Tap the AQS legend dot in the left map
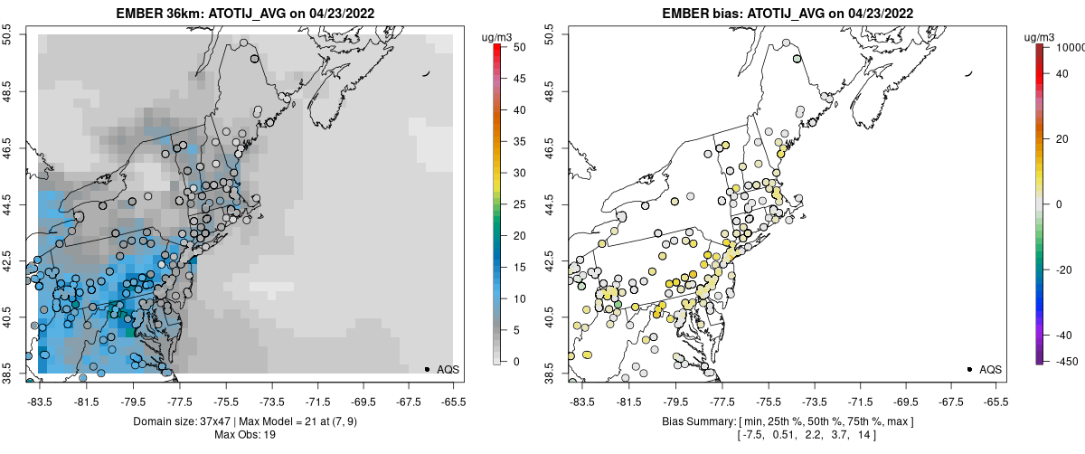click(x=426, y=369)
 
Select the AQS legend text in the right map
click(x=990, y=369)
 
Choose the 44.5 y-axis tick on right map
click(x=551, y=203)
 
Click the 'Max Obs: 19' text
click(x=245, y=435)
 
